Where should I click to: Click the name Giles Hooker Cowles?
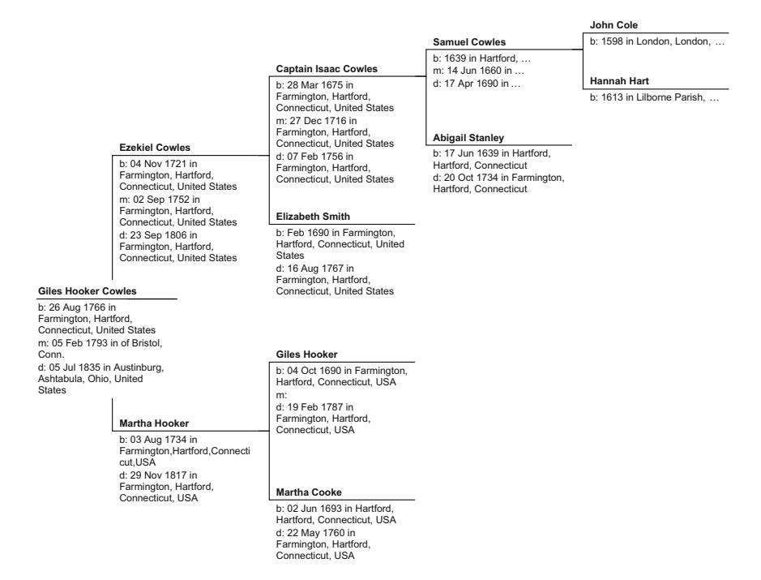(x=88, y=290)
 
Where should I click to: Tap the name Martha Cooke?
(x=308, y=492)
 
